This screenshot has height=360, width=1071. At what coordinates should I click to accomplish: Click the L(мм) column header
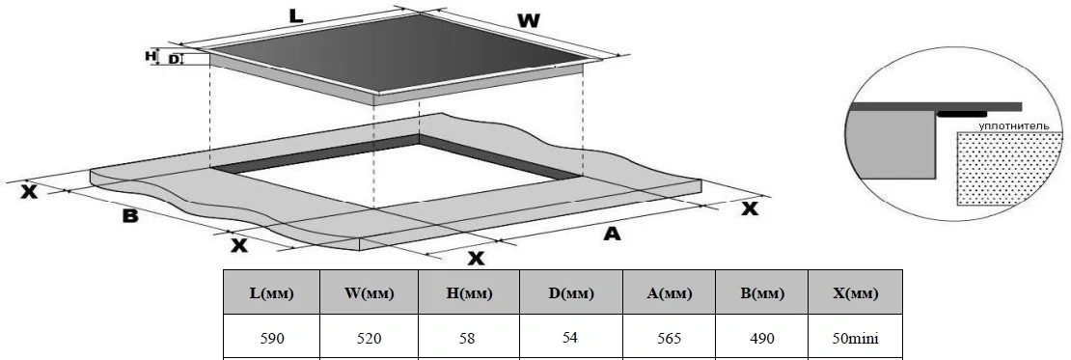pos(272,293)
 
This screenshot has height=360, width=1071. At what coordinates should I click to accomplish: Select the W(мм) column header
pos(369,293)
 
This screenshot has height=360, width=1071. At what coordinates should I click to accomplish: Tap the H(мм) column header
pos(469,293)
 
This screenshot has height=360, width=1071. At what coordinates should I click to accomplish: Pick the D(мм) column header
pos(571,293)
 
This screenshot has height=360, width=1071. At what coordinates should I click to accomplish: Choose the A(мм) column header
pos(669,293)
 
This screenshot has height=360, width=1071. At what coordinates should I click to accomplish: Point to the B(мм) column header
pos(761,293)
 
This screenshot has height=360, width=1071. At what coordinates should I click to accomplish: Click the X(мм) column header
pos(855,293)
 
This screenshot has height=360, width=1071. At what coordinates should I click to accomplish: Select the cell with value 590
pos(272,338)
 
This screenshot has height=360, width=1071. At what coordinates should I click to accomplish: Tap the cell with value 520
pos(369,338)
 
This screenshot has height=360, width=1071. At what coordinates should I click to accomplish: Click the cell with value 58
pos(469,338)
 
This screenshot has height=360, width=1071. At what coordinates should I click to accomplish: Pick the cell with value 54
pos(571,337)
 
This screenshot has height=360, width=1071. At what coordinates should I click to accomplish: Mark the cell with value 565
pos(669,338)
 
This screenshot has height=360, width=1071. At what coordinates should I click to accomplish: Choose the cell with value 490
pos(761,338)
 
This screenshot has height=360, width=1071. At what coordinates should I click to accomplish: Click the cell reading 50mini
pos(855,338)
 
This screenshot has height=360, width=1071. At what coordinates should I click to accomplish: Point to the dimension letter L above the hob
pos(295,15)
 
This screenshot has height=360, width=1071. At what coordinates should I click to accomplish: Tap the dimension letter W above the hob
pos(528,20)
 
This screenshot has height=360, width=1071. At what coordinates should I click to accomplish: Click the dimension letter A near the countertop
pos(612,234)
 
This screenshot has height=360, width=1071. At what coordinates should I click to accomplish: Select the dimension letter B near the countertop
pos(130,216)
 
